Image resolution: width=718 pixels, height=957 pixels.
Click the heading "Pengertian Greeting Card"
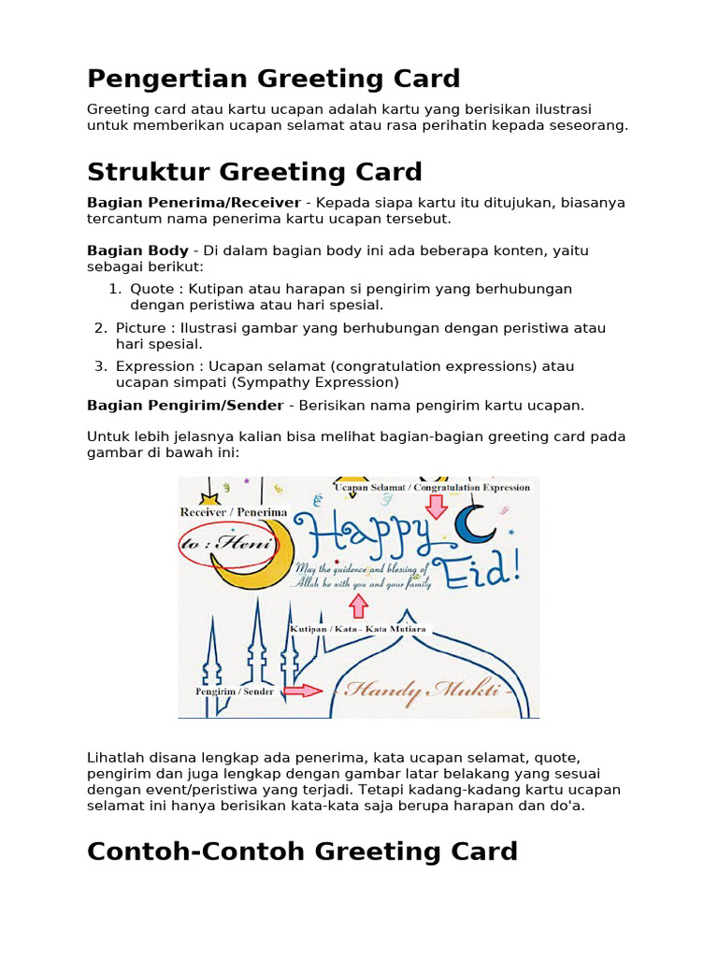[x=274, y=79]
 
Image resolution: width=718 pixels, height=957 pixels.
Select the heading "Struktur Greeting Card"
[x=254, y=172]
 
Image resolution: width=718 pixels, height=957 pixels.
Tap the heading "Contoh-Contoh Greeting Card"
[x=302, y=851]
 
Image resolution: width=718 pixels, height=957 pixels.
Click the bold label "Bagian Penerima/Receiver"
[x=194, y=203]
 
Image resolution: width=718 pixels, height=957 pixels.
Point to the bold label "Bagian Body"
[x=137, y=250]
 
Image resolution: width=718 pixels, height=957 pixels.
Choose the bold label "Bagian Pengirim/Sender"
[x=185, y=406]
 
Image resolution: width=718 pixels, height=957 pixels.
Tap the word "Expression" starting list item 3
[x=155, y=366]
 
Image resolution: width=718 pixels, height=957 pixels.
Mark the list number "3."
[x=100, y=366]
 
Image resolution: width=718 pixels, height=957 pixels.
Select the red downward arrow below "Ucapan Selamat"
[x=436, y=506]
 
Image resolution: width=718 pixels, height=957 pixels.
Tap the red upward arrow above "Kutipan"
[x=357, y=607]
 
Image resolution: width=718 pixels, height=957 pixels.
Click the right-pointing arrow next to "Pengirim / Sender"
[x=301, y=691]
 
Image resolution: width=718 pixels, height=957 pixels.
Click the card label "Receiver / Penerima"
[x=234, y=512]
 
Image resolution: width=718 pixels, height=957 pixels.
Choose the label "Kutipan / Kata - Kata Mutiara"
[x=358, y=629]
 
